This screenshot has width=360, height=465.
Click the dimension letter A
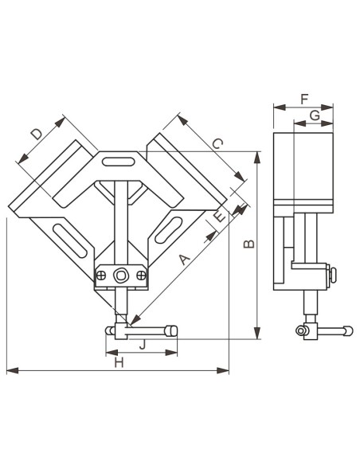[185, 260]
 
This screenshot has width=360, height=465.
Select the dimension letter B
[249, 244]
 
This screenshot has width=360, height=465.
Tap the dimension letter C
[217, 144]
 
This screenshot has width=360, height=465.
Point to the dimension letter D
[37, 134]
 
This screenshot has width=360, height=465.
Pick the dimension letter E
[220, 217]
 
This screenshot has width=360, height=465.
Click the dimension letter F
[304, 99]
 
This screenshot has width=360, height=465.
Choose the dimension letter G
[315, 115]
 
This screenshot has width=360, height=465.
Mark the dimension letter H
[119, 363]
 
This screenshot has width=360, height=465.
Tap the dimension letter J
[143, 344]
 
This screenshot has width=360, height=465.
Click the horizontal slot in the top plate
[118, 162]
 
